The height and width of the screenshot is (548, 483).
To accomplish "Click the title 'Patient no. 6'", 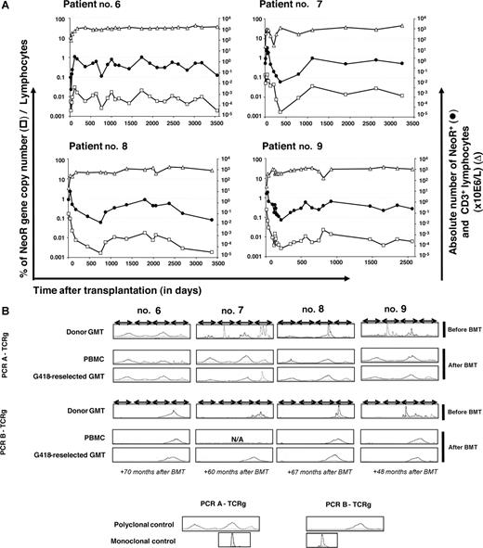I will tap(98, 8).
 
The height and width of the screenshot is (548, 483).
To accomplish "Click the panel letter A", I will tap(7, 6).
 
